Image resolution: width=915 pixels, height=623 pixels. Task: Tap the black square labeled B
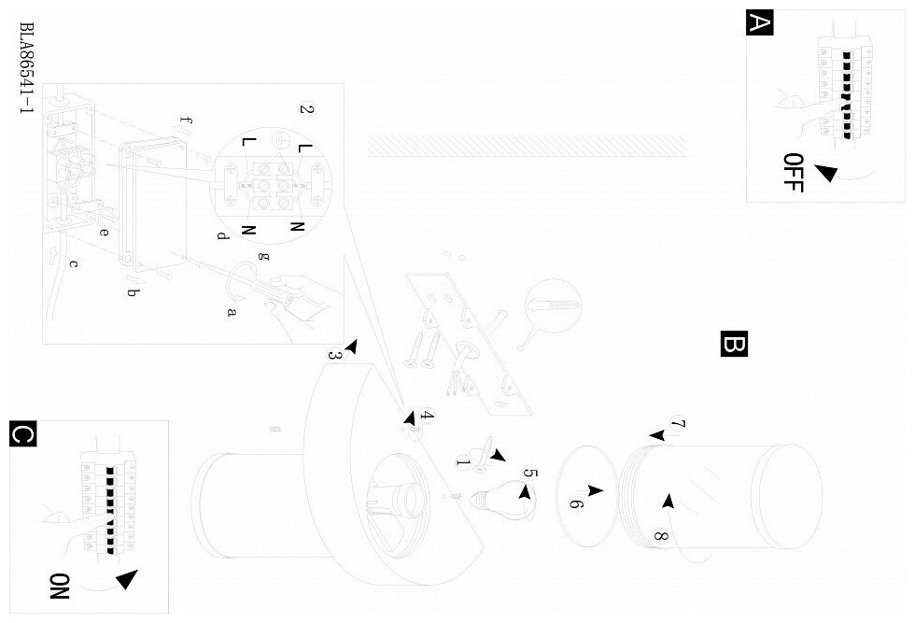click(735, 344)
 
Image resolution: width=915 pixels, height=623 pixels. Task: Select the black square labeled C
click(23, 435)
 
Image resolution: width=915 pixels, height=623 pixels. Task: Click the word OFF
click(793, 172)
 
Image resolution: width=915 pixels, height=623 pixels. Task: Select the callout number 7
click(679, 426)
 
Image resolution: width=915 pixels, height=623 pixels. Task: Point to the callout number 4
click(427, 416)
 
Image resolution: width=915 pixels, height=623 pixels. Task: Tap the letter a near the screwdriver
click(231, 312)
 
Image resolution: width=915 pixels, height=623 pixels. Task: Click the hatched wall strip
click(527, 145)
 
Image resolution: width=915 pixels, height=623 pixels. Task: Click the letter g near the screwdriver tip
click(262, 255)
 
